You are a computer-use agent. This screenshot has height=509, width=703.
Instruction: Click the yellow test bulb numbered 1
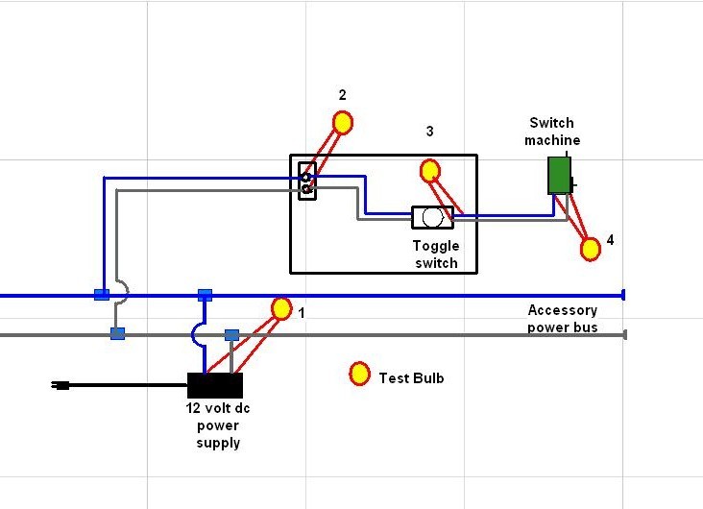pyautogui.click(x=281, y=308)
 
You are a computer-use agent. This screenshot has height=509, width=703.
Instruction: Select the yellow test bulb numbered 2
pyautogui.click(x=343, y=123)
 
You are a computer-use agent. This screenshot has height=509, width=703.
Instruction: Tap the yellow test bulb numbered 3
pyautogui.click(x=430, y=171)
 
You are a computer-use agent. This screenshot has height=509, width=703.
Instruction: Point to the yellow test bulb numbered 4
pyautogui.click(x=591, y=249)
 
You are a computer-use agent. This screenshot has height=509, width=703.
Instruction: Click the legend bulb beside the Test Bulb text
pyautogui.click(x=359, y=374)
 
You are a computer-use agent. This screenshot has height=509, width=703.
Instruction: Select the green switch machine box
pyautogui.click(x=560, y=176)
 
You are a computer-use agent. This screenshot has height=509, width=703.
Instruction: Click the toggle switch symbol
pyautogui.click(x=432, y=217)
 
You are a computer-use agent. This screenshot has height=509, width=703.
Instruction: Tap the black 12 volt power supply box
pyautogui.click(x=215, y=385)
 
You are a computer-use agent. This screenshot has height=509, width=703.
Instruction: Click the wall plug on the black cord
pyautogui.click(x=61, y=385)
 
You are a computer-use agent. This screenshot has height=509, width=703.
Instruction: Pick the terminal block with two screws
pyautogui.click(x=307, y=182)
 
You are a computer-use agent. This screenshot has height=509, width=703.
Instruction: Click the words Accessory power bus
pyautogui.click(x=562, y=319)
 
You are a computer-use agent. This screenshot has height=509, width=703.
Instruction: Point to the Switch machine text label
pyautogui.click(x=552, y=131)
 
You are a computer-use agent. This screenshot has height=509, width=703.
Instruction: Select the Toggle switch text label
pyautogui.click(x=436, y=254)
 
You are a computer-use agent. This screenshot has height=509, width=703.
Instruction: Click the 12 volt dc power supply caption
pyautogui.click(x=218, y=425)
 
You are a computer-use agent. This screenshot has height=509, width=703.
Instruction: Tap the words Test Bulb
pyautogui.click(x=411, y=378)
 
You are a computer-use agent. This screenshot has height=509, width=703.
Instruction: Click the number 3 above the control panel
pyautogui.click(x=429, y=132)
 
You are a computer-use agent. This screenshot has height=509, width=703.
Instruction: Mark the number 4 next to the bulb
pyautogui.click(x=610, y=240)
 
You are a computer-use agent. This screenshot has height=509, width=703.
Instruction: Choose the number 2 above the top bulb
pyautogui.click(x=343, y=95)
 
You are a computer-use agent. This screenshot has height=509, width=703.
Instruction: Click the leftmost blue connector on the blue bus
pyautogui.click(x=102, y=295)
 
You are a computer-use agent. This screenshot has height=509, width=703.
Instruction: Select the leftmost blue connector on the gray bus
pyautogui.click(x=117, y=333)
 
